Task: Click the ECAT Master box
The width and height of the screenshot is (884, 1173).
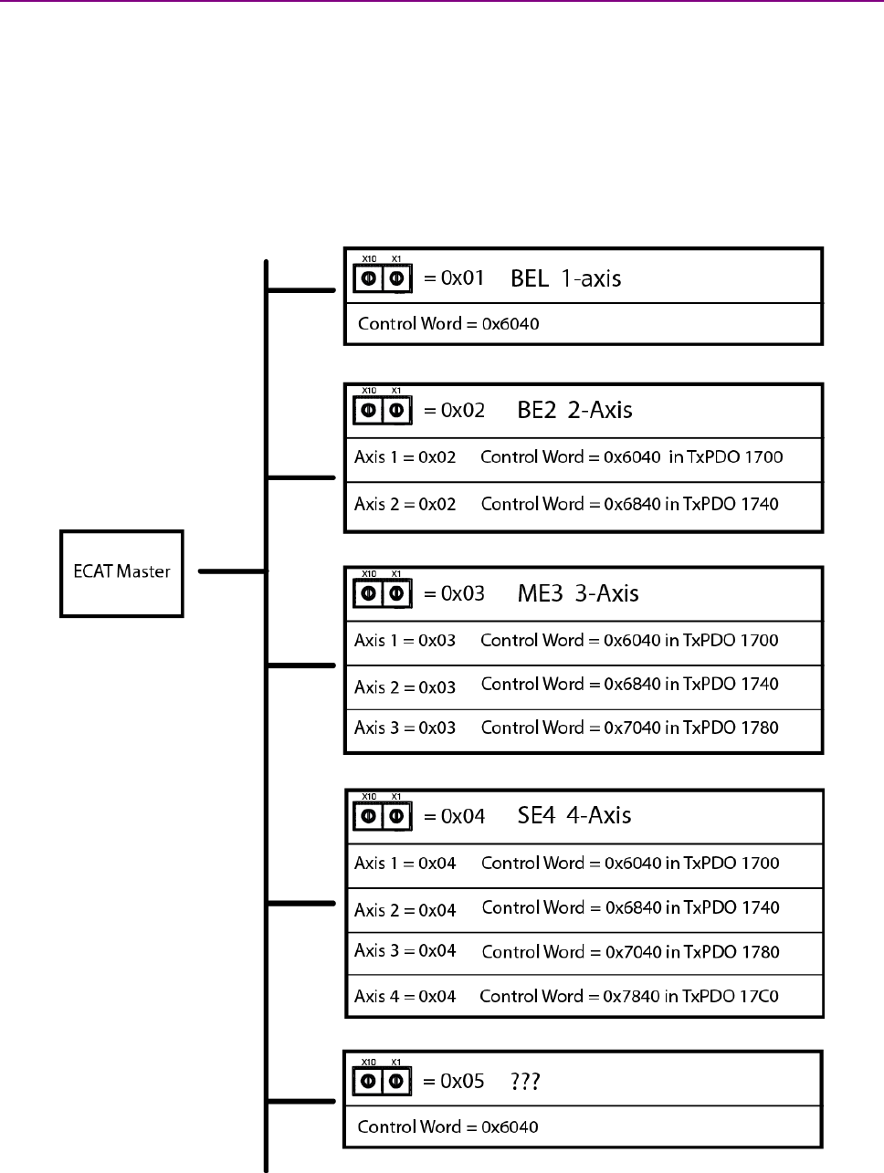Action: coord(121,572)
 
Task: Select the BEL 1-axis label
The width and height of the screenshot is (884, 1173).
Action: coord(565,278)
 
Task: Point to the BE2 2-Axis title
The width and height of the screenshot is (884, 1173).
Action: coord(574,410)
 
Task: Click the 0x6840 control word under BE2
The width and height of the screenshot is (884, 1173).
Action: coord(633,504)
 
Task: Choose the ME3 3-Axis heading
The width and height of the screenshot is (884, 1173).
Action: coord(577,593)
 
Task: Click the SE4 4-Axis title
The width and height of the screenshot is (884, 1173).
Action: coord(574,815)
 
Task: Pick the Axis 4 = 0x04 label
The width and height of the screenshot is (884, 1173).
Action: coord(405,996)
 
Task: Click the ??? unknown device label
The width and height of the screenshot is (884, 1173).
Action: coord(525,1082)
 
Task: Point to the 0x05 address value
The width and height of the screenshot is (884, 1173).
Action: coord(462,1082)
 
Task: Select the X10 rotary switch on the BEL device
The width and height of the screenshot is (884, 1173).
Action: coord(369,278)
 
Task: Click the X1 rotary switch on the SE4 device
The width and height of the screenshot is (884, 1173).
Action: coord(396,815)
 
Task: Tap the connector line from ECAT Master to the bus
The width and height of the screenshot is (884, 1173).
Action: coord(231,572)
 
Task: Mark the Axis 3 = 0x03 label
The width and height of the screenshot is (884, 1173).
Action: coord(405,728)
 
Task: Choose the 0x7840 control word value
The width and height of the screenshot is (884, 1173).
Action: coord(632,996)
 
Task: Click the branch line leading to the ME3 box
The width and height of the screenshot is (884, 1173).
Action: coord(302,665)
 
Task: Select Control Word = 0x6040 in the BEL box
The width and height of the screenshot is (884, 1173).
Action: coord(447,324)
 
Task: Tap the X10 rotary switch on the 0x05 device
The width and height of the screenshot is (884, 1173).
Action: coord(369,1082)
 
